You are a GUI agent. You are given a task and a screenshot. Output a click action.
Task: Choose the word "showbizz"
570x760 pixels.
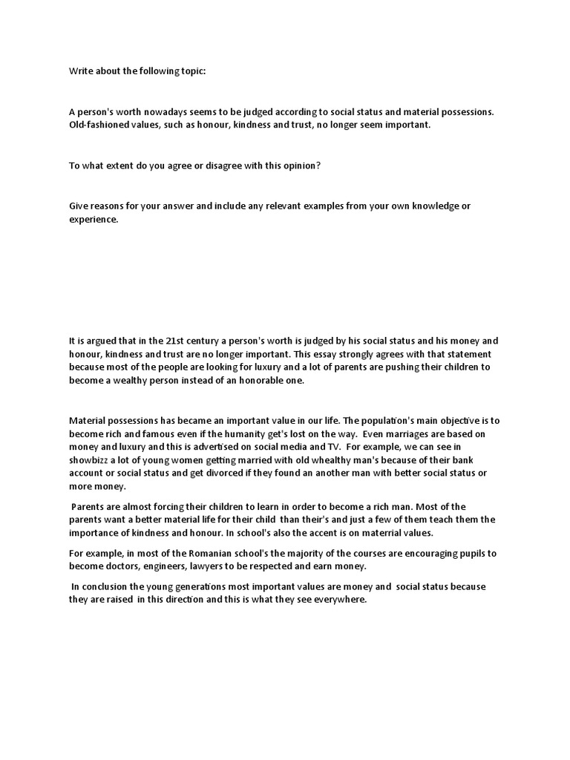pyautogui.click(x=92, y=460)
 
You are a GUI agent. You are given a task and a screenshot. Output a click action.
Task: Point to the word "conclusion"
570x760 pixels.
pyautogui.click(x=109, y=586)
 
